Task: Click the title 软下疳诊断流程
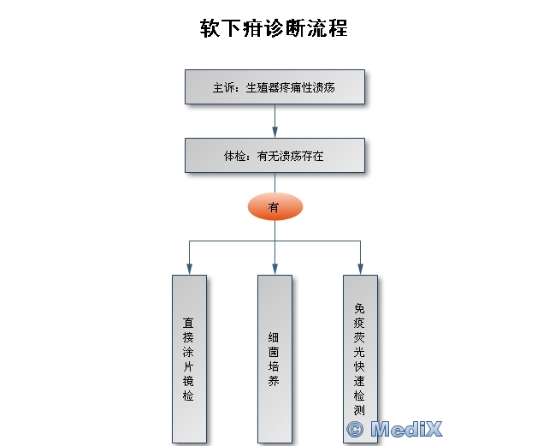[x=274, y=27]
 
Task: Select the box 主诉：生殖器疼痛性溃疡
[x=274, y=86]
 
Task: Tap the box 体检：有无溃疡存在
[x=274, y=157]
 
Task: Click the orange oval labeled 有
[x=274, y=206]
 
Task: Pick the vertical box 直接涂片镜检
[x=188, y=358]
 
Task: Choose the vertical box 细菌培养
[x=274, y=358]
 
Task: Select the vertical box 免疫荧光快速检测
[x=360, y=358]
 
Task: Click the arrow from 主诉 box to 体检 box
[x=274, y=122]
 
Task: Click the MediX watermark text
[x=408, y=428]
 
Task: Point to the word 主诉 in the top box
[x=224, y=87]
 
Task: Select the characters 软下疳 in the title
[x=228, y=27]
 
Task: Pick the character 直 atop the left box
[x=188, y=324]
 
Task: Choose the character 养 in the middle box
[x=274, y=382]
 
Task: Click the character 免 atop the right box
[x=360, y=306]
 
